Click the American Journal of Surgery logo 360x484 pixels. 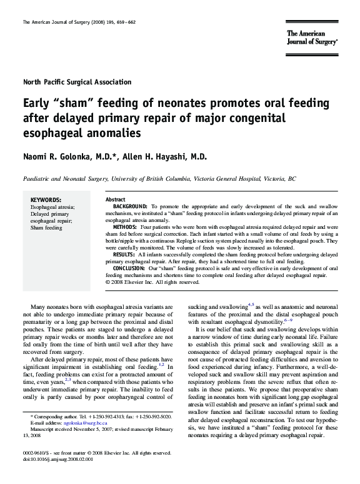click(312, 37)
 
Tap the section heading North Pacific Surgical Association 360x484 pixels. click(77, 82)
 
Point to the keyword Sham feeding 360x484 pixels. click(46, 228)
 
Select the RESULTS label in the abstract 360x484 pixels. click(124, 255)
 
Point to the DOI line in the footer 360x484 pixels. click(62, 459)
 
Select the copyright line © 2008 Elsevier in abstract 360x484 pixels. click(150, 282)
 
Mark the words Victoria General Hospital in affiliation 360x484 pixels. click(229, 178)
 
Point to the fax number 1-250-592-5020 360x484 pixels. click(154, 416)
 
